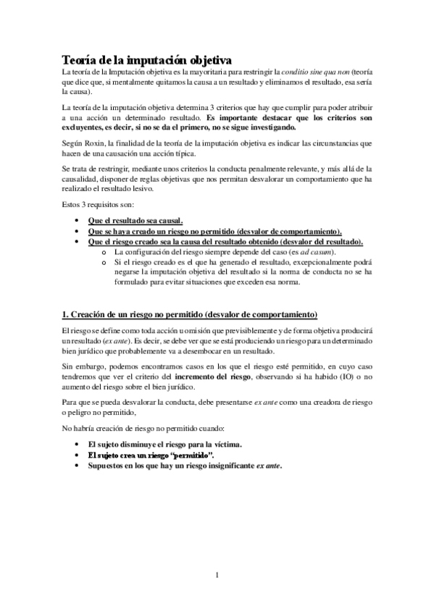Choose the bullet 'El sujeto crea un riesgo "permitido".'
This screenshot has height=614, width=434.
[146, 455]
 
